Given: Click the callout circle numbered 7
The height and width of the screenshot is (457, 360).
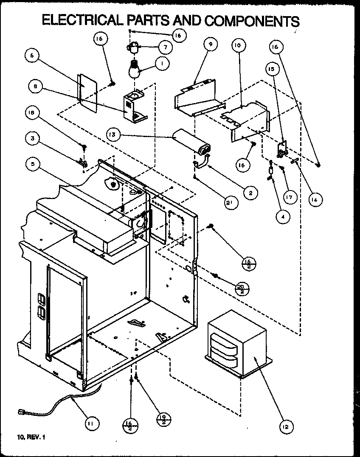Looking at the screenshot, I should point(166,47).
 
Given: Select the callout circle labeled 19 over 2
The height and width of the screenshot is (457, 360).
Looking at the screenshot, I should point(163,420).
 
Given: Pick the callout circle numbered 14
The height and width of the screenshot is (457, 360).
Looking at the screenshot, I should point(314,199).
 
